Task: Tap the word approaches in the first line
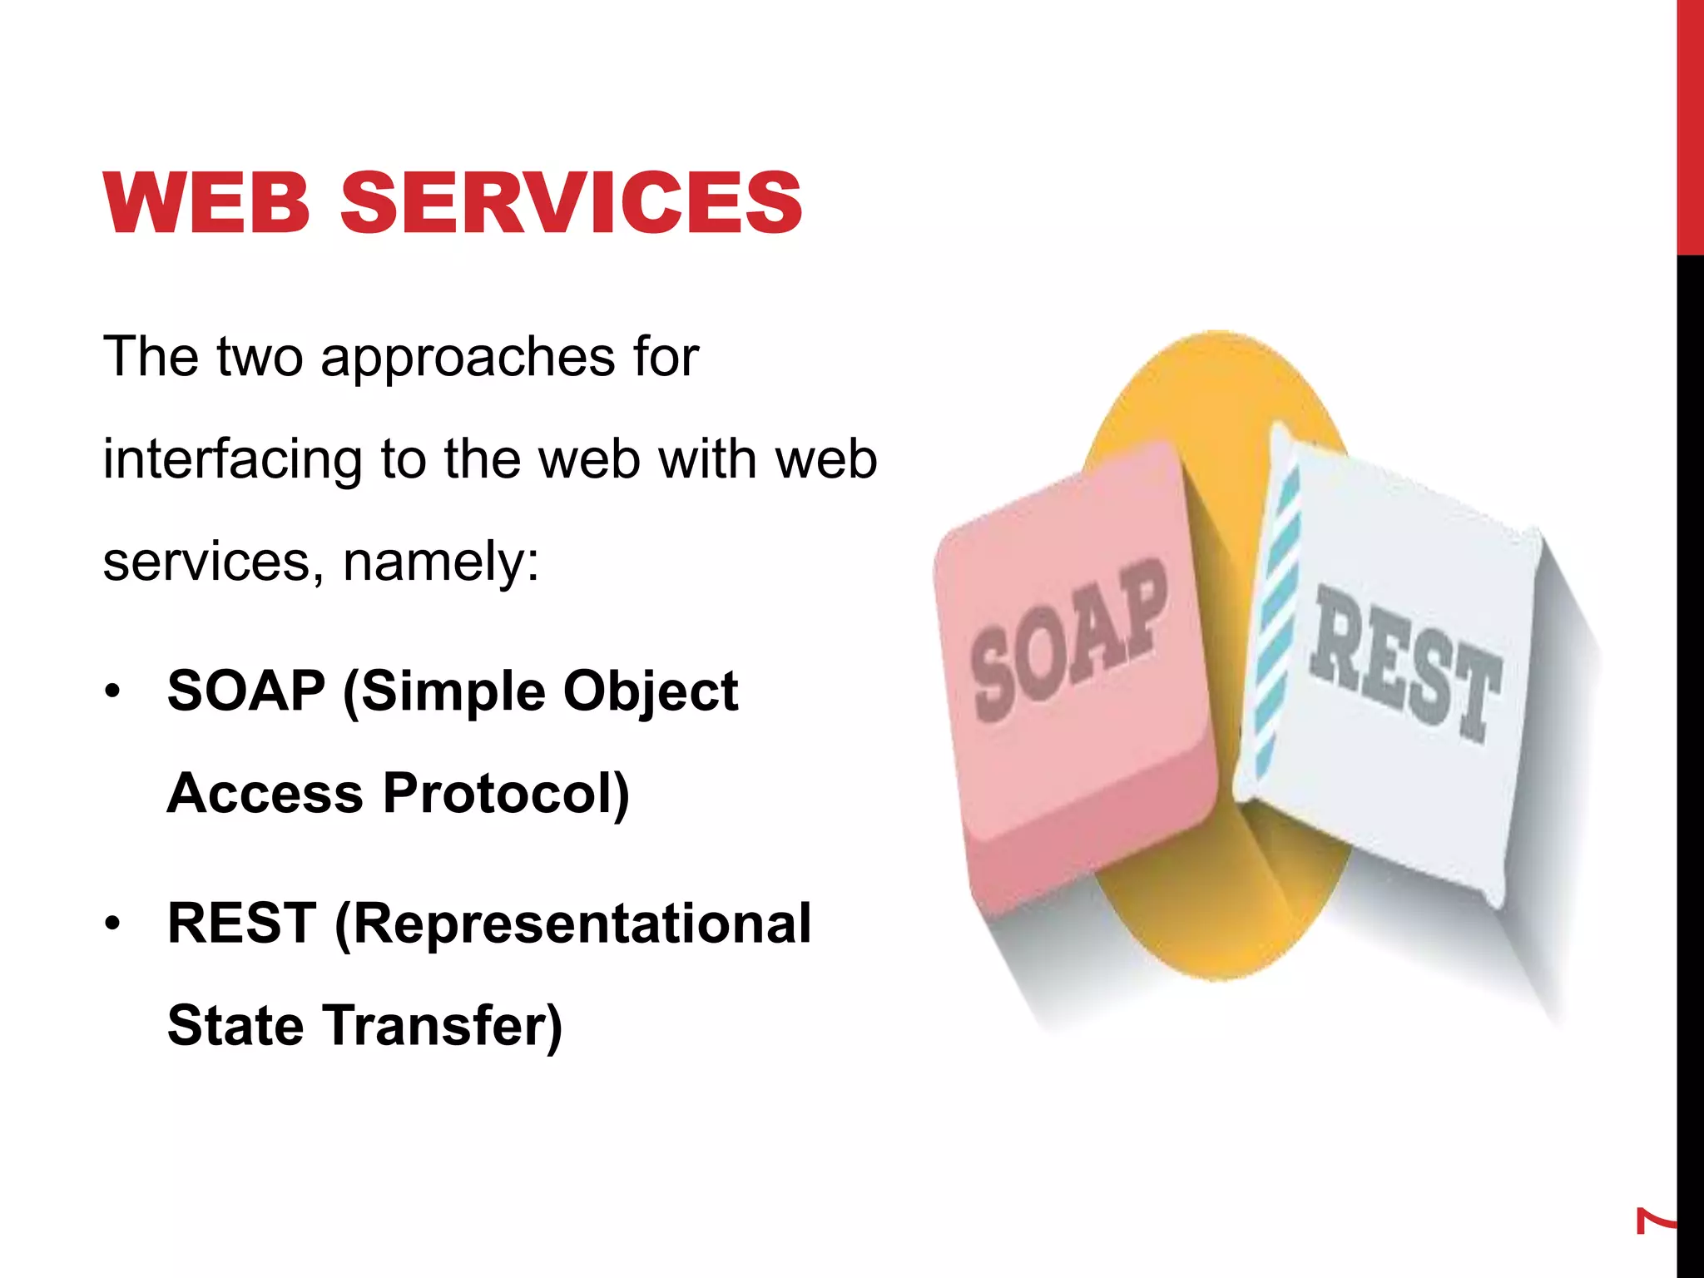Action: [x=467, y=359]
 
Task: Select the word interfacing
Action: [x=232, y=460]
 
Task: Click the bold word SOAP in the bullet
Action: [x=246, y=691]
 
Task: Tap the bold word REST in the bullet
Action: [x=241, y=924]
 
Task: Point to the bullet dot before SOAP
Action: [x=113, y=691]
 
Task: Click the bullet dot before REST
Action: [x=113, y=924]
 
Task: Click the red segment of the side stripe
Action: [x=1690, y=125]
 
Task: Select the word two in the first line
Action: [x=260, y=357]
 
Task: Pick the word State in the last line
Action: [x=235, y=1025]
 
